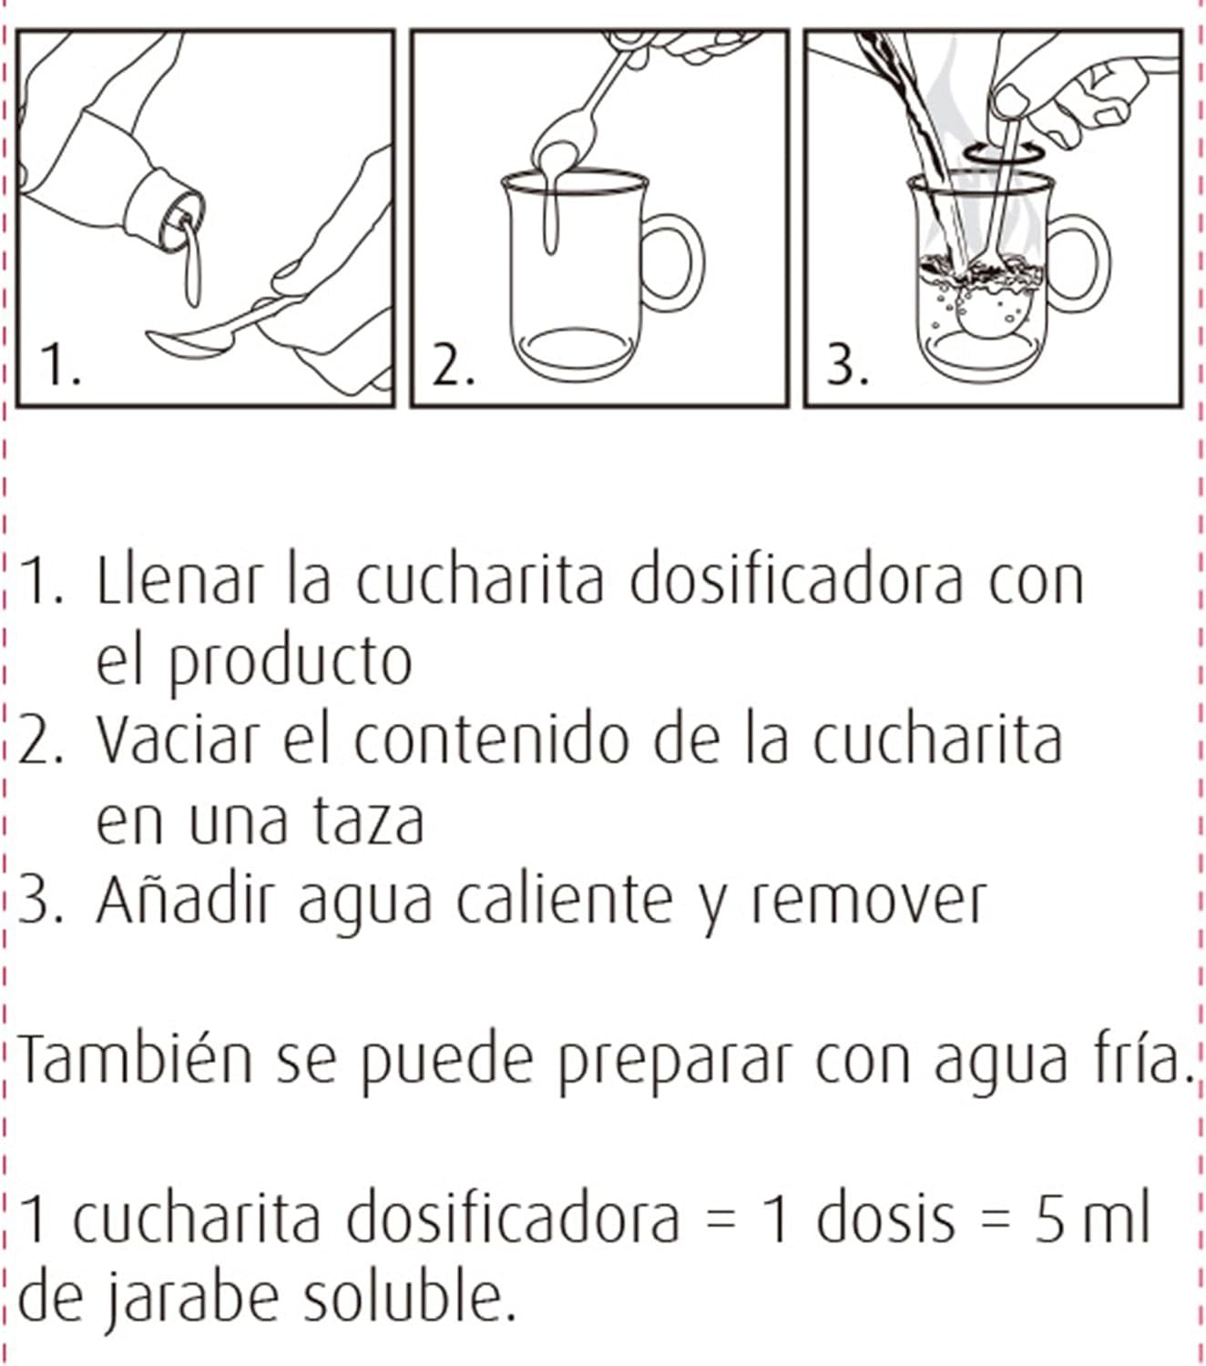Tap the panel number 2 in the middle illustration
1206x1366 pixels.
(x=453, y=365)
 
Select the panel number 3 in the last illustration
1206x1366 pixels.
(x=847, y=365)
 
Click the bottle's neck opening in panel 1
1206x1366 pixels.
(x=183, y=220)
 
